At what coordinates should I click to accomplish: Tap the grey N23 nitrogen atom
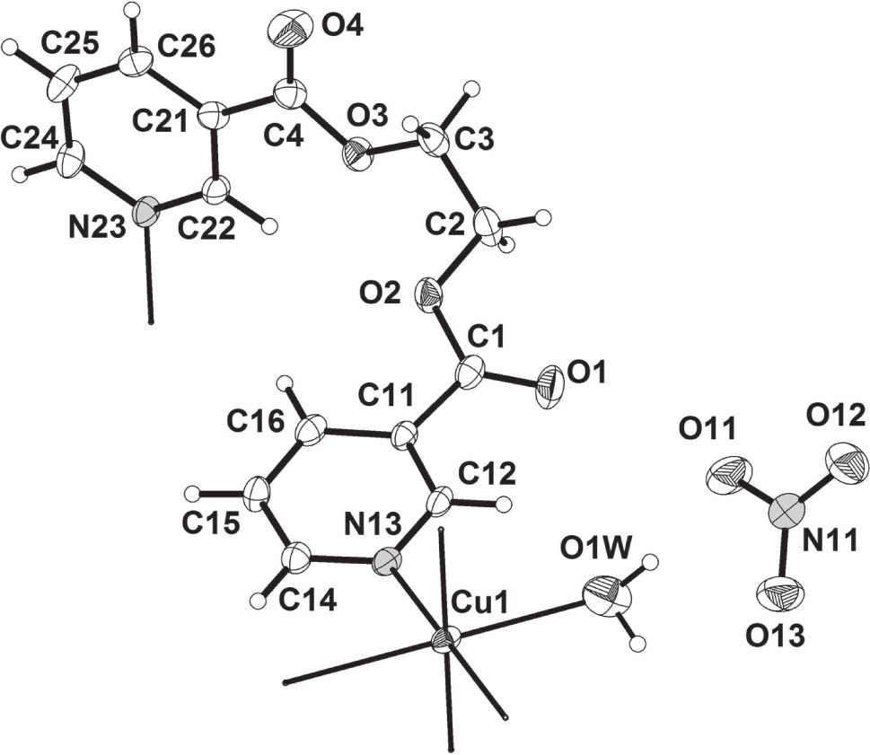coord(145,210)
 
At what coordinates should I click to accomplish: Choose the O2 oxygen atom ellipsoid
coord(429,292)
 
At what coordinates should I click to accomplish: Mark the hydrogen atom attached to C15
coord(192,493)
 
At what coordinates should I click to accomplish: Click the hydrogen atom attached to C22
coord(270,226)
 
